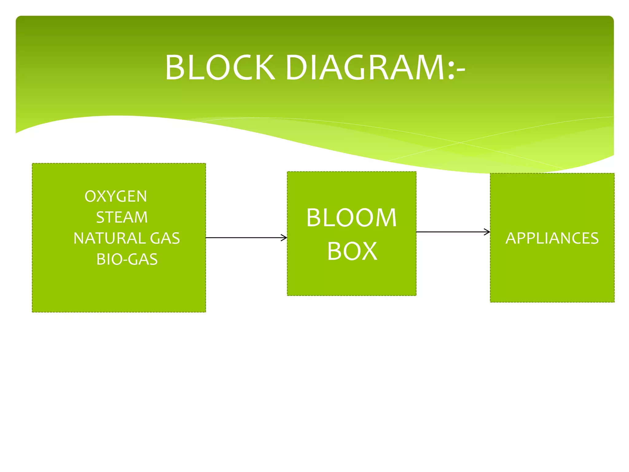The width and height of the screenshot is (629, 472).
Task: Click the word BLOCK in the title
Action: tap(220, 68)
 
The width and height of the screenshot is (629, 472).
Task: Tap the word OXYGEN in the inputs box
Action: tap(116, 196)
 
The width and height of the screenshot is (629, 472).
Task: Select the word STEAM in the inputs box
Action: tap(122, 217)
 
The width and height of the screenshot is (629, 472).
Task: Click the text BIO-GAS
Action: tap(127, 259)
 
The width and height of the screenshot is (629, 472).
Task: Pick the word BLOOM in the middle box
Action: tap(352, 218)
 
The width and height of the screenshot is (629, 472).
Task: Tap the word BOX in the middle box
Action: tap(352, 251)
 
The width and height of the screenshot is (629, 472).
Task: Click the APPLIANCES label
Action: tap(552, 238)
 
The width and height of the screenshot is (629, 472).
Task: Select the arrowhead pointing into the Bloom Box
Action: tap(284, 238)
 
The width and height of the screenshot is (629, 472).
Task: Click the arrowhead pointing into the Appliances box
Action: tap(487, 232)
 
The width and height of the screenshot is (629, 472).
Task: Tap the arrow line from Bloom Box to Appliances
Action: tap(451, 232)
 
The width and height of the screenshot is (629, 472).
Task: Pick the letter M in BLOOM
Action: tap(386, 218)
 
